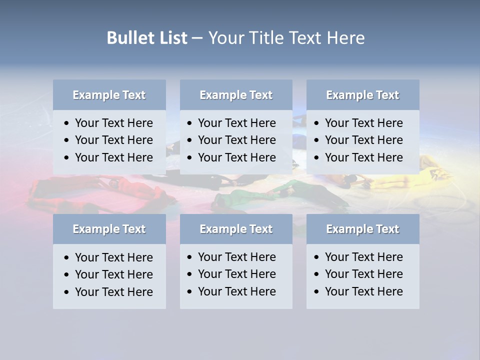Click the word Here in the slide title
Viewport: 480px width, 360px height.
tap(345, 38)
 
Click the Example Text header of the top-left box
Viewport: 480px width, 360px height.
tap(109, 95)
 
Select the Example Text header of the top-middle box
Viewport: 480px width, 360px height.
tap(236, 95)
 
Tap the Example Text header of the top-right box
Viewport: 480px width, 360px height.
tap(362, 95)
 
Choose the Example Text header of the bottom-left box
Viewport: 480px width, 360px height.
tap(109, 229)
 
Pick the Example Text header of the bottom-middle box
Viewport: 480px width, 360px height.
tap(236, 229)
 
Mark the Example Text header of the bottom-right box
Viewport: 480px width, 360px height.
tap(362, 229)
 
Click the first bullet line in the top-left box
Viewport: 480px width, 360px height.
tap(113, 123)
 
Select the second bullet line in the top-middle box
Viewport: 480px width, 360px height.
tap(236, 140)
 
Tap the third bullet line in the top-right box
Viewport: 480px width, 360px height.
tap(363, 157)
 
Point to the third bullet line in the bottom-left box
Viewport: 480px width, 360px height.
tap(113, 292)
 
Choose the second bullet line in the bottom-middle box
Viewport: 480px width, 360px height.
tap(236, 274)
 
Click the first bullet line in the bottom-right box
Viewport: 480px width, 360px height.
tap(363, 257)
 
